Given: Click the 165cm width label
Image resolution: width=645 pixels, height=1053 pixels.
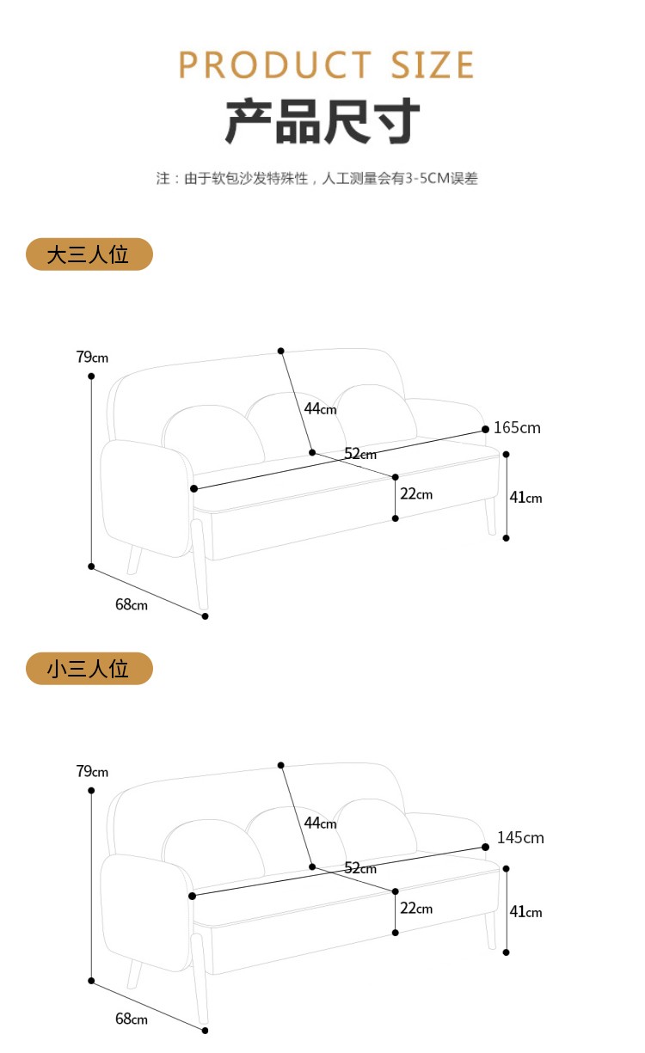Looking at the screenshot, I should tap(517, 428).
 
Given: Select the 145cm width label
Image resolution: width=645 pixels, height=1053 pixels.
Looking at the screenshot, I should tap(520, 837).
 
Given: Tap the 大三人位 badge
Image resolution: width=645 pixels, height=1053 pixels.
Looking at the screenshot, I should tap(89, 254).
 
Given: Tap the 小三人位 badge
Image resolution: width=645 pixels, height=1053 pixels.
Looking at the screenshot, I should tap(89, 669).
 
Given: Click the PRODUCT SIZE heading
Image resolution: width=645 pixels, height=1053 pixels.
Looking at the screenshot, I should tap(326, 65).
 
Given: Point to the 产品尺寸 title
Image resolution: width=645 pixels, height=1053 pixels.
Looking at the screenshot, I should tap(322, 121).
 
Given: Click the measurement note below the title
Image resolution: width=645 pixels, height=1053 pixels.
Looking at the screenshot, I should tap(316, 179).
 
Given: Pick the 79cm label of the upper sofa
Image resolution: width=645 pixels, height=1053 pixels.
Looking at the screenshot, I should tap(92, 357).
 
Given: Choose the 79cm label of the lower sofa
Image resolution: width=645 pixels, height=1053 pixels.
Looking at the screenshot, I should tap(92, 771).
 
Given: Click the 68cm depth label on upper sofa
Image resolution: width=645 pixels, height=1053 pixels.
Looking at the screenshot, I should tap(131, 604).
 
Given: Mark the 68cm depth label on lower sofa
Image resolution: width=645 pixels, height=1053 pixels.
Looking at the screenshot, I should tap(131, 1019).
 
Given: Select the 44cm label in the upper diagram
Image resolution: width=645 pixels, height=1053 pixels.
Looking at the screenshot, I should tap(320, 408).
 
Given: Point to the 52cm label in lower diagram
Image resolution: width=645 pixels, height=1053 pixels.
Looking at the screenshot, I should tap(360, 868).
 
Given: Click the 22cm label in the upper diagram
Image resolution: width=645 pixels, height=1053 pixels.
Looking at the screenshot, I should tap(416, 494).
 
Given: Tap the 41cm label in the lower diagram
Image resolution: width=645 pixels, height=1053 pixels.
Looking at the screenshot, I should tap(525, 912).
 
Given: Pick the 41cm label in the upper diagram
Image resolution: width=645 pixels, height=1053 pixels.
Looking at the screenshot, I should tap(525, 498).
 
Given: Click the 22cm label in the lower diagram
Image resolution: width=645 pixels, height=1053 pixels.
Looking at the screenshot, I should tap(416, 909).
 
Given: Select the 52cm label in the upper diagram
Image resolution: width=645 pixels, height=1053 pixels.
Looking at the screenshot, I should tap(360, 454).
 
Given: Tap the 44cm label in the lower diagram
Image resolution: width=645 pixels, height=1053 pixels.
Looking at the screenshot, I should tap(320, 823).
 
